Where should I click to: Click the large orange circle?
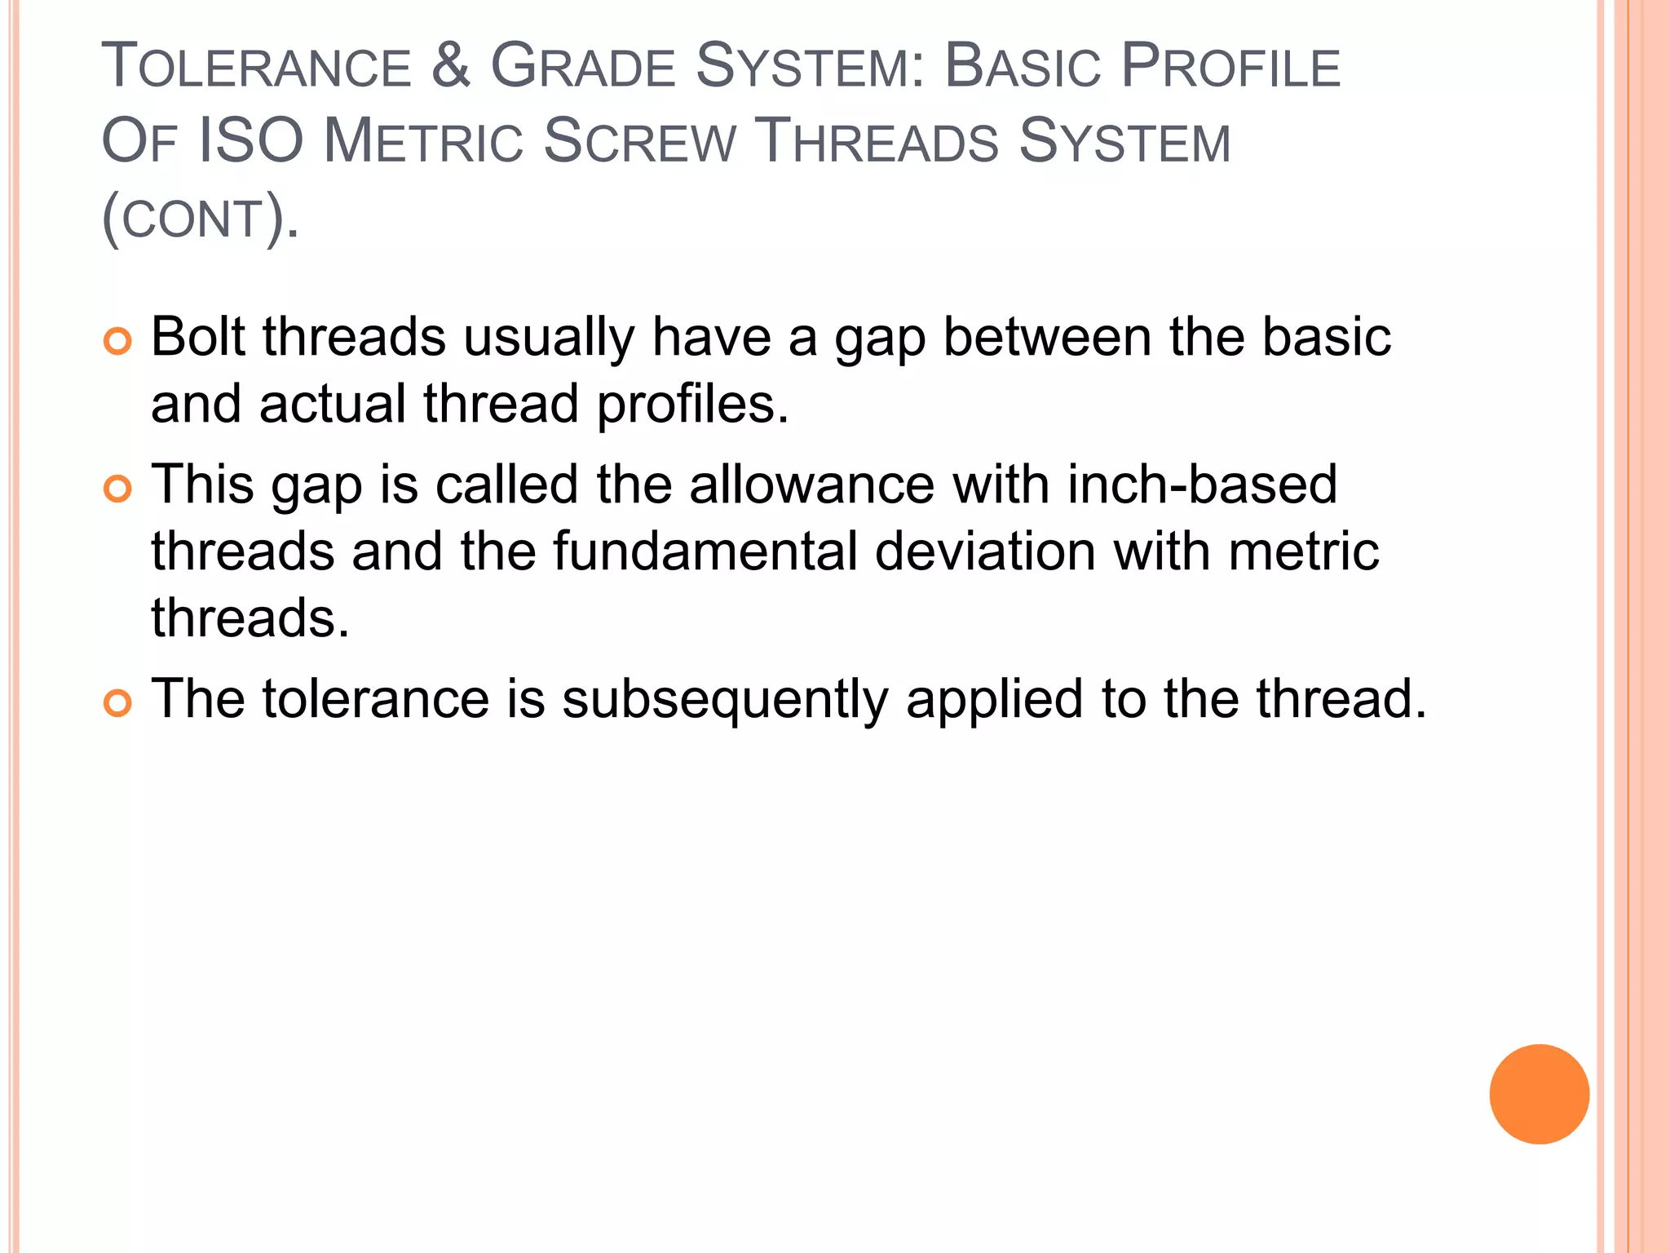pyautogui.click(x=1539, y=1094)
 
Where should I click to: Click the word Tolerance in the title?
pyautogui.click(x=256, y=67)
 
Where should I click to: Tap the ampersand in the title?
pyautogui.click(x=451, y=65)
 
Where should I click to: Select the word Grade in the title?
pyautogui.click(x=582, y=67)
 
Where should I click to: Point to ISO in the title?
pyautogui.click(x=251, y=141)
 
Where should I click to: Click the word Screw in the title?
pyautogui.click(x=639, y=141)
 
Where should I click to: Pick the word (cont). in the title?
pyautogui.click(x=201, y=218)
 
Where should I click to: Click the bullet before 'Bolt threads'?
pyautogui.click(x=118, y=341)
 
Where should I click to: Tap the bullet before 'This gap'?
pyautogui.click(x=118, y=489)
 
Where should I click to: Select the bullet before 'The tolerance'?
pyautogui.click(x=118, y=703)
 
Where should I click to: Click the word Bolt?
pyautogui.click(x=198, y=337)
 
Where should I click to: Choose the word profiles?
pyautogui.click(x=692, y=405)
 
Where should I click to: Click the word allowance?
pyautogui.click(x=811, y=485)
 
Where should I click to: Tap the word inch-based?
pyautogui.click(x=1202, y=485)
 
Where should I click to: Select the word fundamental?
pyautogui.click(x=705, y=551)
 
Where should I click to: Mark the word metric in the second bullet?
pyautogui.click(x=1304, y=551)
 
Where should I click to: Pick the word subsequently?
pyautogui.click(x=725, y=700)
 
